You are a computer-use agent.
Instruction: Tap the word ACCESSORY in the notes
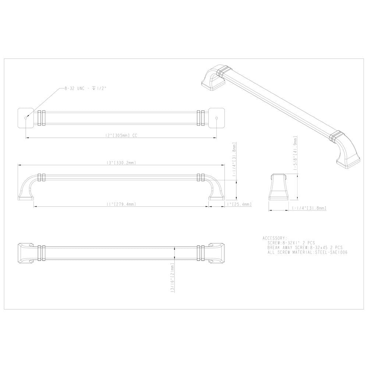pos(275,238)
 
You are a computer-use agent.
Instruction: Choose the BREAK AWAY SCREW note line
pos(305,248)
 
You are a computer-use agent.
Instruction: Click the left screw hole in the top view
pos(25,117)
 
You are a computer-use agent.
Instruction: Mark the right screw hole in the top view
pos(216,118)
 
